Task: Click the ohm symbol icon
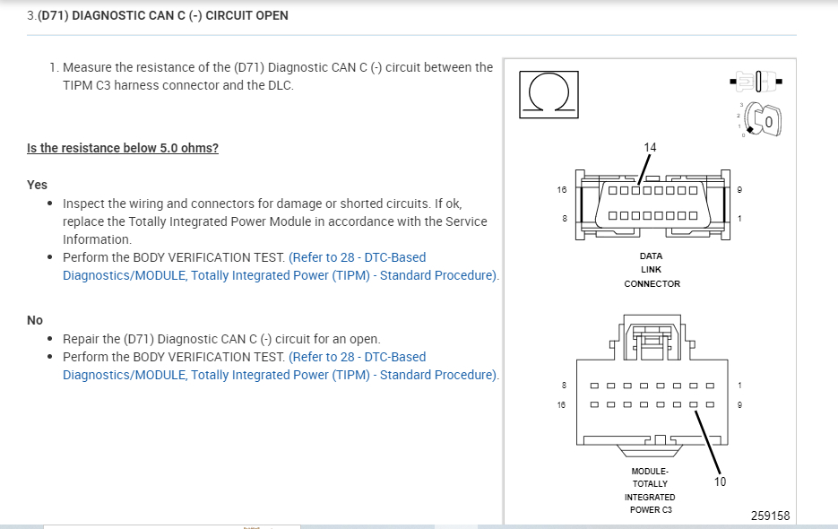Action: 549,94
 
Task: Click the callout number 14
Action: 650,147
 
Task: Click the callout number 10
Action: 720,481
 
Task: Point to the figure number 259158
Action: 770,516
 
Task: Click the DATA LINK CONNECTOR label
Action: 652,270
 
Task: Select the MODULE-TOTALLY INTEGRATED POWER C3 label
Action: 652,490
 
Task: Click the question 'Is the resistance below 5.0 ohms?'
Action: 123,148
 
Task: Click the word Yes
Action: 37,185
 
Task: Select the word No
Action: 35,320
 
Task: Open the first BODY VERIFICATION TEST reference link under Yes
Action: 280,266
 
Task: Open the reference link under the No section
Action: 280,366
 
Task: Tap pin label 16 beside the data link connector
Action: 562,190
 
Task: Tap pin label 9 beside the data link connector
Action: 739,190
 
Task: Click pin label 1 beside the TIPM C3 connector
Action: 739,386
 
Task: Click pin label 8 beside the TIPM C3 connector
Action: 564,386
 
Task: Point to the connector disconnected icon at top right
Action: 757,82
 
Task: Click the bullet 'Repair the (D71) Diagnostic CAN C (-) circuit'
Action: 221,339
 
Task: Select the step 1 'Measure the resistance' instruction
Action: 277,76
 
